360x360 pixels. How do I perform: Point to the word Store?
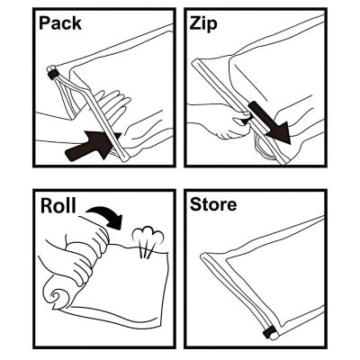(214, 205)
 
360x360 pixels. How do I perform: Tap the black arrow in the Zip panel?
(269, 122)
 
